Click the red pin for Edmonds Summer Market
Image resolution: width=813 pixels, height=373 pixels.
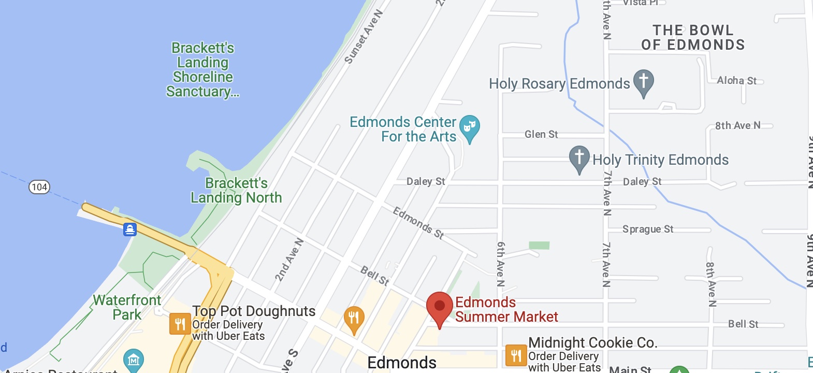pos(439,306)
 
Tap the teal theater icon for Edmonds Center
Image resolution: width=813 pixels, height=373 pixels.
pos(470,126)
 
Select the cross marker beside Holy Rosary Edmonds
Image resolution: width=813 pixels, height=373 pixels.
pos(644,81)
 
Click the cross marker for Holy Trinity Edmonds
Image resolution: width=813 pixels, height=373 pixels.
pos(579,157)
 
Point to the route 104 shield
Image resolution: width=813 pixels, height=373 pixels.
pos(39,187)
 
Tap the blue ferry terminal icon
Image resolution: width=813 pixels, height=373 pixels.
pos(130,229)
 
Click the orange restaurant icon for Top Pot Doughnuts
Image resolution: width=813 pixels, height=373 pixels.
pos(180,324)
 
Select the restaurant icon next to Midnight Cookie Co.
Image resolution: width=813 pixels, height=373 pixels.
pos(516,356)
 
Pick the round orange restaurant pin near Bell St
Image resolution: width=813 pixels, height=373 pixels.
pos(354,318)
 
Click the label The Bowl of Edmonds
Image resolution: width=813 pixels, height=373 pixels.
pos(693,38)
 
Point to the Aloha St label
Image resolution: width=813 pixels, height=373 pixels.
pos(736,80)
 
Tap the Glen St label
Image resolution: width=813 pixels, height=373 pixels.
pos(541,135)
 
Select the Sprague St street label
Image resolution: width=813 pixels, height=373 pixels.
pos(648,229)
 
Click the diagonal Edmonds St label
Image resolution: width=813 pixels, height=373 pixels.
pos(418,223)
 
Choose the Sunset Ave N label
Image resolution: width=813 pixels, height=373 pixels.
pos(364,37)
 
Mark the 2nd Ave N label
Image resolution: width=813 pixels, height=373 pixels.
pos(289,260)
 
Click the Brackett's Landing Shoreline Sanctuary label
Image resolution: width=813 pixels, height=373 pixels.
pos(202,69)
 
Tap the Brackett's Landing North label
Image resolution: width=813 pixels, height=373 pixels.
pos(236,190)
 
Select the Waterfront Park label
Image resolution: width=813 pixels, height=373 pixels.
pos(127,307)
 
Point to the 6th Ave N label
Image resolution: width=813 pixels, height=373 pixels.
pos(501,264)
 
